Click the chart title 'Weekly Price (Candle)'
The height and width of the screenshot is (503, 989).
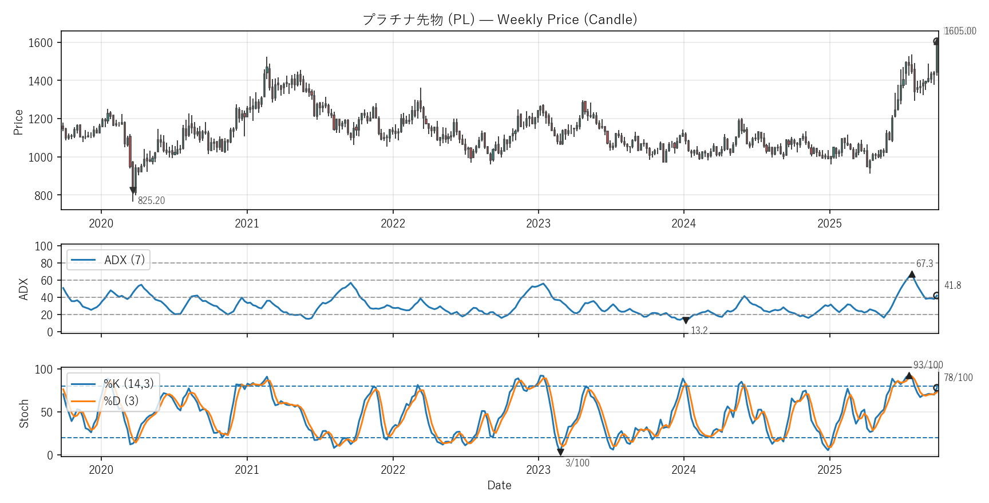coord(500,19)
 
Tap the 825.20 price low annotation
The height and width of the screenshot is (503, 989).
coord(151,201)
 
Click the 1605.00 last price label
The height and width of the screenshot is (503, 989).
coord(960,31)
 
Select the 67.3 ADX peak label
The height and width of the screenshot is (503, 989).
coord(924,264)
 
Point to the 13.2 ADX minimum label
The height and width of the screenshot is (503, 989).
coord(699,331)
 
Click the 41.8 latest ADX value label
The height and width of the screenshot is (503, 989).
coord(952,285)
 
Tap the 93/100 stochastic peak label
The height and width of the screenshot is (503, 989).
coord(928,365)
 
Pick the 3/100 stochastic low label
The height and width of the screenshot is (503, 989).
coord(577,463)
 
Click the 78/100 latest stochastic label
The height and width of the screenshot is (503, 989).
coord(958,378)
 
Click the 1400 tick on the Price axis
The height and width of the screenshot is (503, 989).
coord(41,81)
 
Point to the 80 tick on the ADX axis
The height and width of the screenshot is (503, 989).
coord(46,264)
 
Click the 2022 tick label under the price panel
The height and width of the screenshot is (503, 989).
coord(393,223)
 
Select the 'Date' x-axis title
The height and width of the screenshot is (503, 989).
coord(499,485)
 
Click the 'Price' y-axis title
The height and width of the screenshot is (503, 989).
coord(18,122)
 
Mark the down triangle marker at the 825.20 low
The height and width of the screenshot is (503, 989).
coord(133,191)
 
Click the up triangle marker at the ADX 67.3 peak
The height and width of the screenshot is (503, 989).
coord(912,275)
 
